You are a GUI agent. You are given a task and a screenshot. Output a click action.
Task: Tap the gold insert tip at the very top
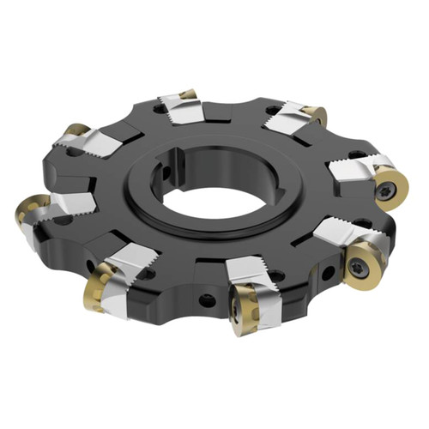(x=188, y=94)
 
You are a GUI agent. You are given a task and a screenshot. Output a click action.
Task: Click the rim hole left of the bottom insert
(x=207, y=299)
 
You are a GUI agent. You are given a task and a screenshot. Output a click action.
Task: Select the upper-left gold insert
(x=76, y=130)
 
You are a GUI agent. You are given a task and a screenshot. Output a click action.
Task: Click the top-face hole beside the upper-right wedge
(x=274, y=110)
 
